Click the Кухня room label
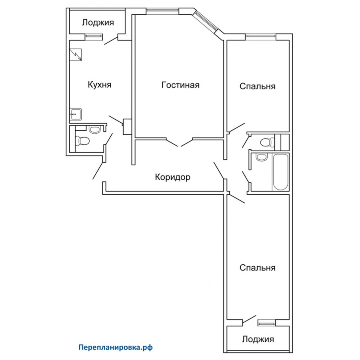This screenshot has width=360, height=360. (x=99, y=85)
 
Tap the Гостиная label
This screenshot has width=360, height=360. (x=180, y=85)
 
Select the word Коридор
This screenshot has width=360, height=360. (x=172, y=177)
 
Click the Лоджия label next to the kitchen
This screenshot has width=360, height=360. (x=98, y=22)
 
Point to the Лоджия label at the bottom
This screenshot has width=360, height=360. (x=258, y=339)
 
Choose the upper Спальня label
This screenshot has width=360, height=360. (x=257, y=86)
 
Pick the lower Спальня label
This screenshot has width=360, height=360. (x=257, y=268)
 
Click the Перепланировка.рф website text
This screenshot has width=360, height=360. (x=116, y=348)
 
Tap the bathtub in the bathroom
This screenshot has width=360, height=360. (x=280, y=172)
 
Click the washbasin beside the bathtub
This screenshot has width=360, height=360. (x=261, y=157)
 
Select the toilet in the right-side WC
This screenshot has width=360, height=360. (x=266, y=142)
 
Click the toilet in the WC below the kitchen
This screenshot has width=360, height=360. (x=83, y=141)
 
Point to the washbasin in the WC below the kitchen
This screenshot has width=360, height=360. (x=95, y=130)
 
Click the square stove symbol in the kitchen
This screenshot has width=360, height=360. (x=76, y=55)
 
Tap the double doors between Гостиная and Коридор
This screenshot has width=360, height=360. (x=180, y=142)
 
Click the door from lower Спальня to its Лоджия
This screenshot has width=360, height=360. (x=249, y=320)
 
